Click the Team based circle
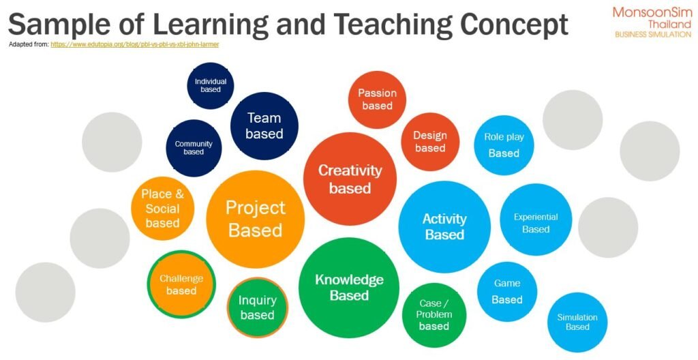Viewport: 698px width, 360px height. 264,125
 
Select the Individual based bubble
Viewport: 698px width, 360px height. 211,85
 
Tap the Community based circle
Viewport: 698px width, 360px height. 194,148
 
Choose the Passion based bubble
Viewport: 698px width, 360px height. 377,100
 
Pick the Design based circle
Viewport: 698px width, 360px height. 430,142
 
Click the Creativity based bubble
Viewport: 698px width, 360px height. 350,179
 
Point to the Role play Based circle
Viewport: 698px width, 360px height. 504,145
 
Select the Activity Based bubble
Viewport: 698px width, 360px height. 444,227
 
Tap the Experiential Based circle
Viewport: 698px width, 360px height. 536,220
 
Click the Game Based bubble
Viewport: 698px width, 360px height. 507,291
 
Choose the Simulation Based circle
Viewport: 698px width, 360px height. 577,322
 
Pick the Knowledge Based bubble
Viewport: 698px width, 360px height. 349,287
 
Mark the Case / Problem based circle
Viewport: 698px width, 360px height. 434,315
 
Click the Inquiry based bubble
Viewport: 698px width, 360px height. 257,307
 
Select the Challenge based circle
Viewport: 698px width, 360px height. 181,284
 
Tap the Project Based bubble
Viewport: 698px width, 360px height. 256,219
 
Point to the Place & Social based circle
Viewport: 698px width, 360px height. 162,209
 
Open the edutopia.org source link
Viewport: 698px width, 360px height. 134,44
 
